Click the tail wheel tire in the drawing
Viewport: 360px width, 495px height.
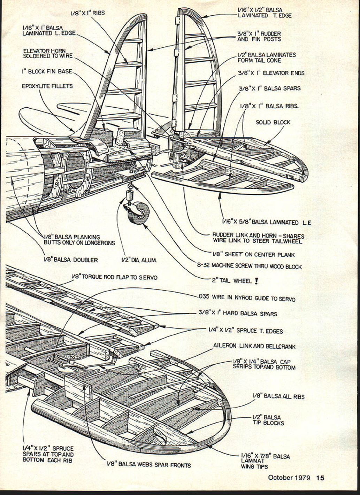click(138, 213)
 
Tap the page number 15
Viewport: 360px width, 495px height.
click(320, 478)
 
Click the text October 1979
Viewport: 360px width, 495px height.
click(289, 478)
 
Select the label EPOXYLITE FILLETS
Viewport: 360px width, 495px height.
click(47, 86)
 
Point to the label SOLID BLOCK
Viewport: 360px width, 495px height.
click(273, 122)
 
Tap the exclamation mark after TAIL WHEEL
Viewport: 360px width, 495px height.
click(256, 281)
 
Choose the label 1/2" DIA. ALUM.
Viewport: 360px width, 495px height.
click(139, 260)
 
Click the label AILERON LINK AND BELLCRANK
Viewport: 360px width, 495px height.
click(254, 346)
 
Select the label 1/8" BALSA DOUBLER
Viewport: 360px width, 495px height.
click(71, 260)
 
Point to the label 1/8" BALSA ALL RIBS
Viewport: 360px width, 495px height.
click(278, 396)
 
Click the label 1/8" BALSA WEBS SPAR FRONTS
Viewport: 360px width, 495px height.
click(148, 465)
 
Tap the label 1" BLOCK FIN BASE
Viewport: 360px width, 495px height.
click(47, 71)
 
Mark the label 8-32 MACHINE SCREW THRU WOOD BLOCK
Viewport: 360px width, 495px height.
click(250, 266)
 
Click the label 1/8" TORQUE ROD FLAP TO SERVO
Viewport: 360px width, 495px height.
click(114, 277)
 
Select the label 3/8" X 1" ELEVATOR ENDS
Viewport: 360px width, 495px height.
click(271, 73)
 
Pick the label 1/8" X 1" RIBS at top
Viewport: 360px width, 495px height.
click(87, 13)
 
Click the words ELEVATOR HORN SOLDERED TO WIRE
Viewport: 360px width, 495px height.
click(48, 53)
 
